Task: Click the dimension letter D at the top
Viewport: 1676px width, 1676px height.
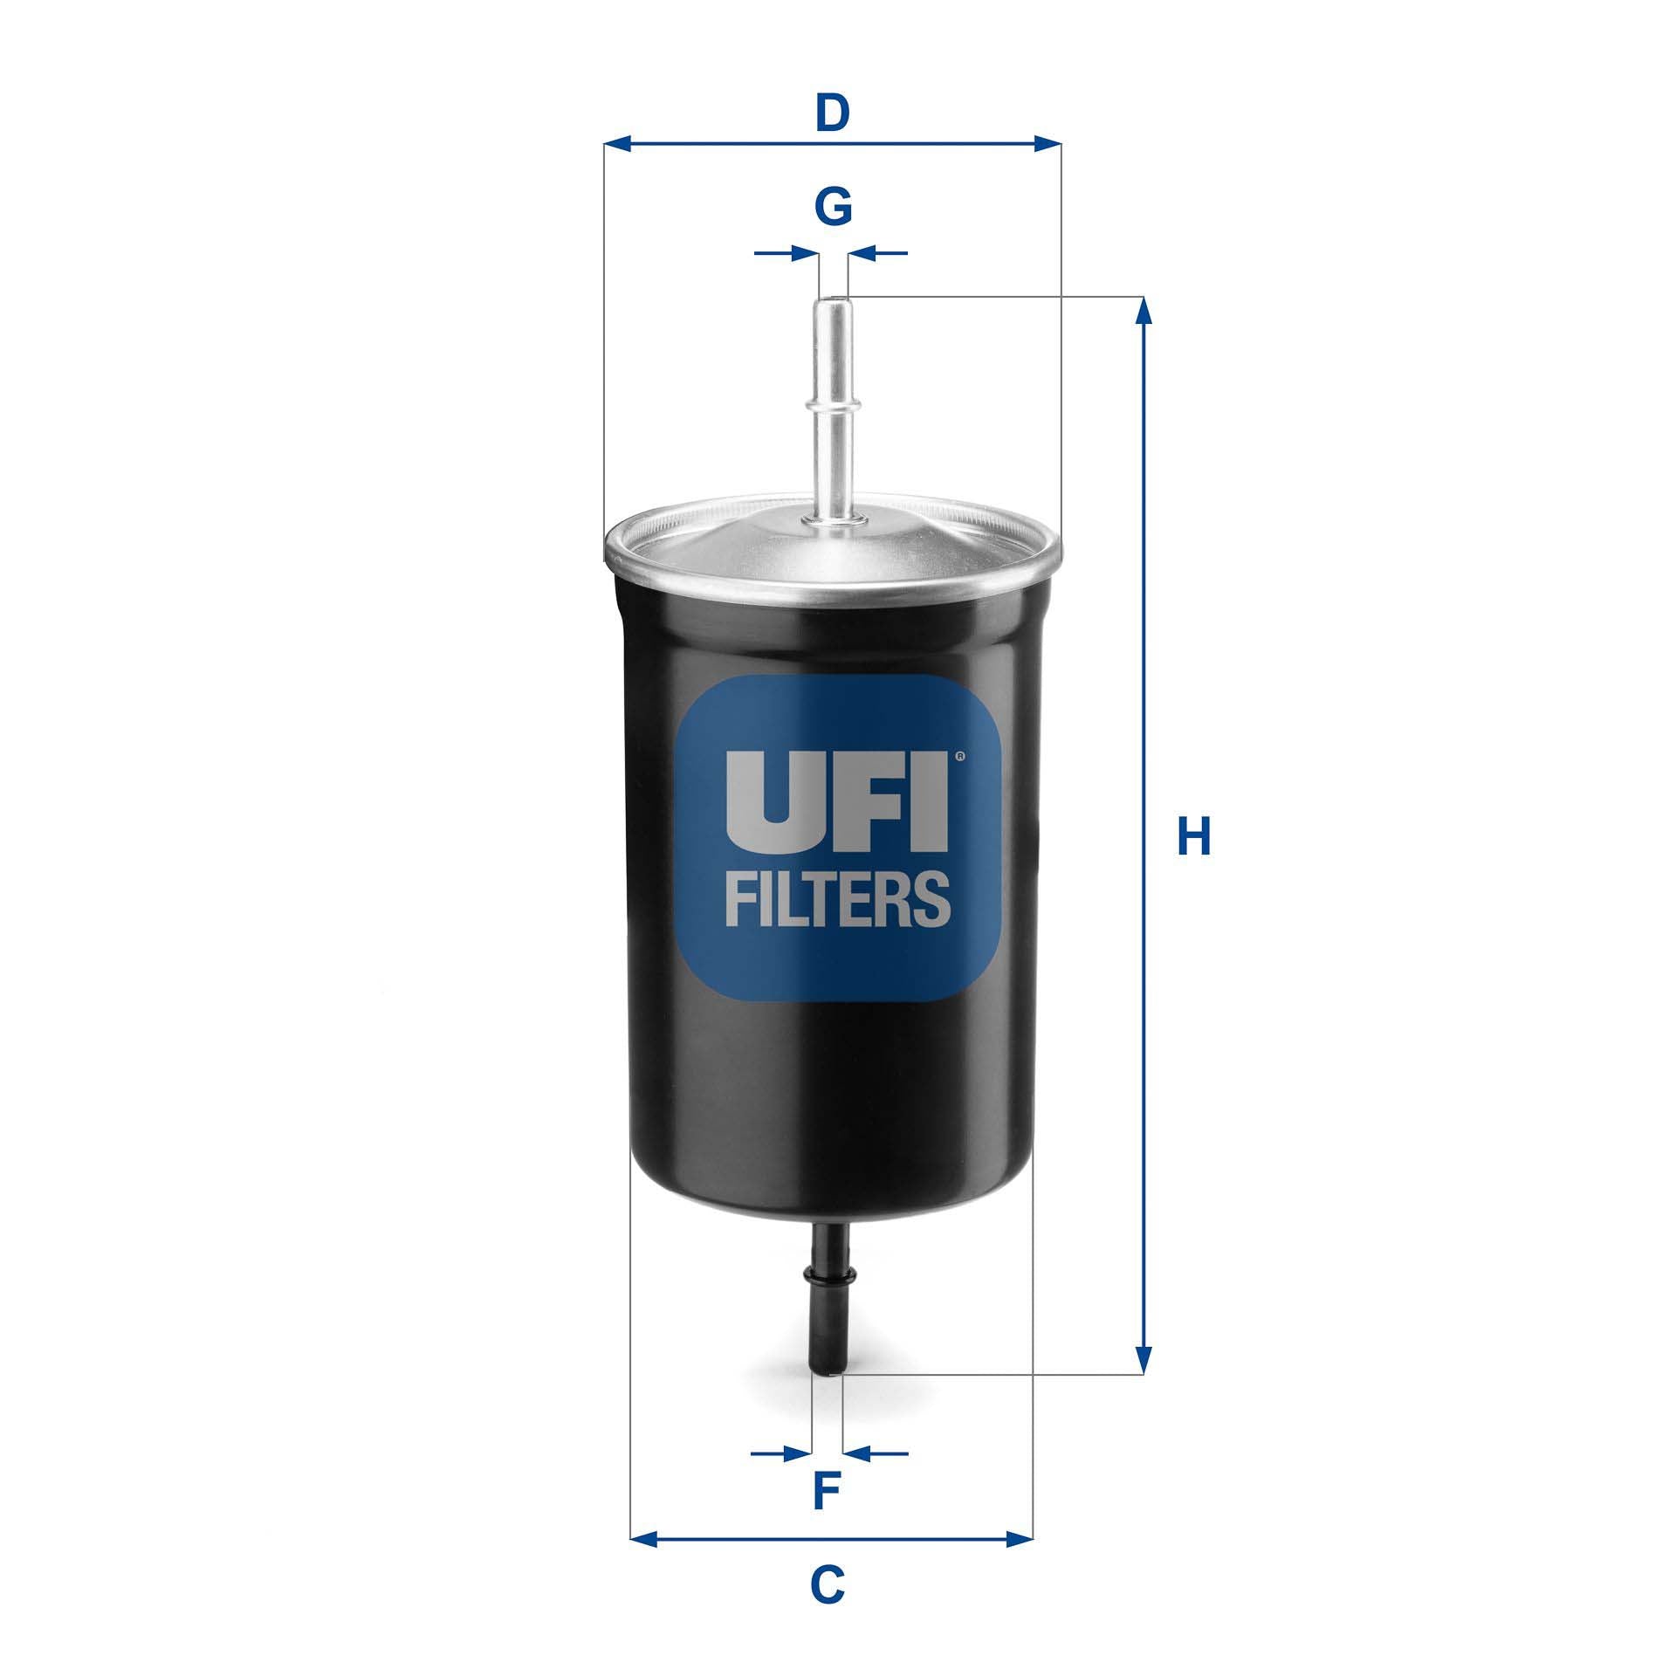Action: pos(833,113)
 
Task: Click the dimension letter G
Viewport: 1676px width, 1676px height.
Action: pos(833,208)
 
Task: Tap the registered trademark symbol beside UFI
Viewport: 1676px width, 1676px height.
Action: pos(959,756)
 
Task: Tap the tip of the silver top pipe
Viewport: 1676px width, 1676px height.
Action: pos(833,302)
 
